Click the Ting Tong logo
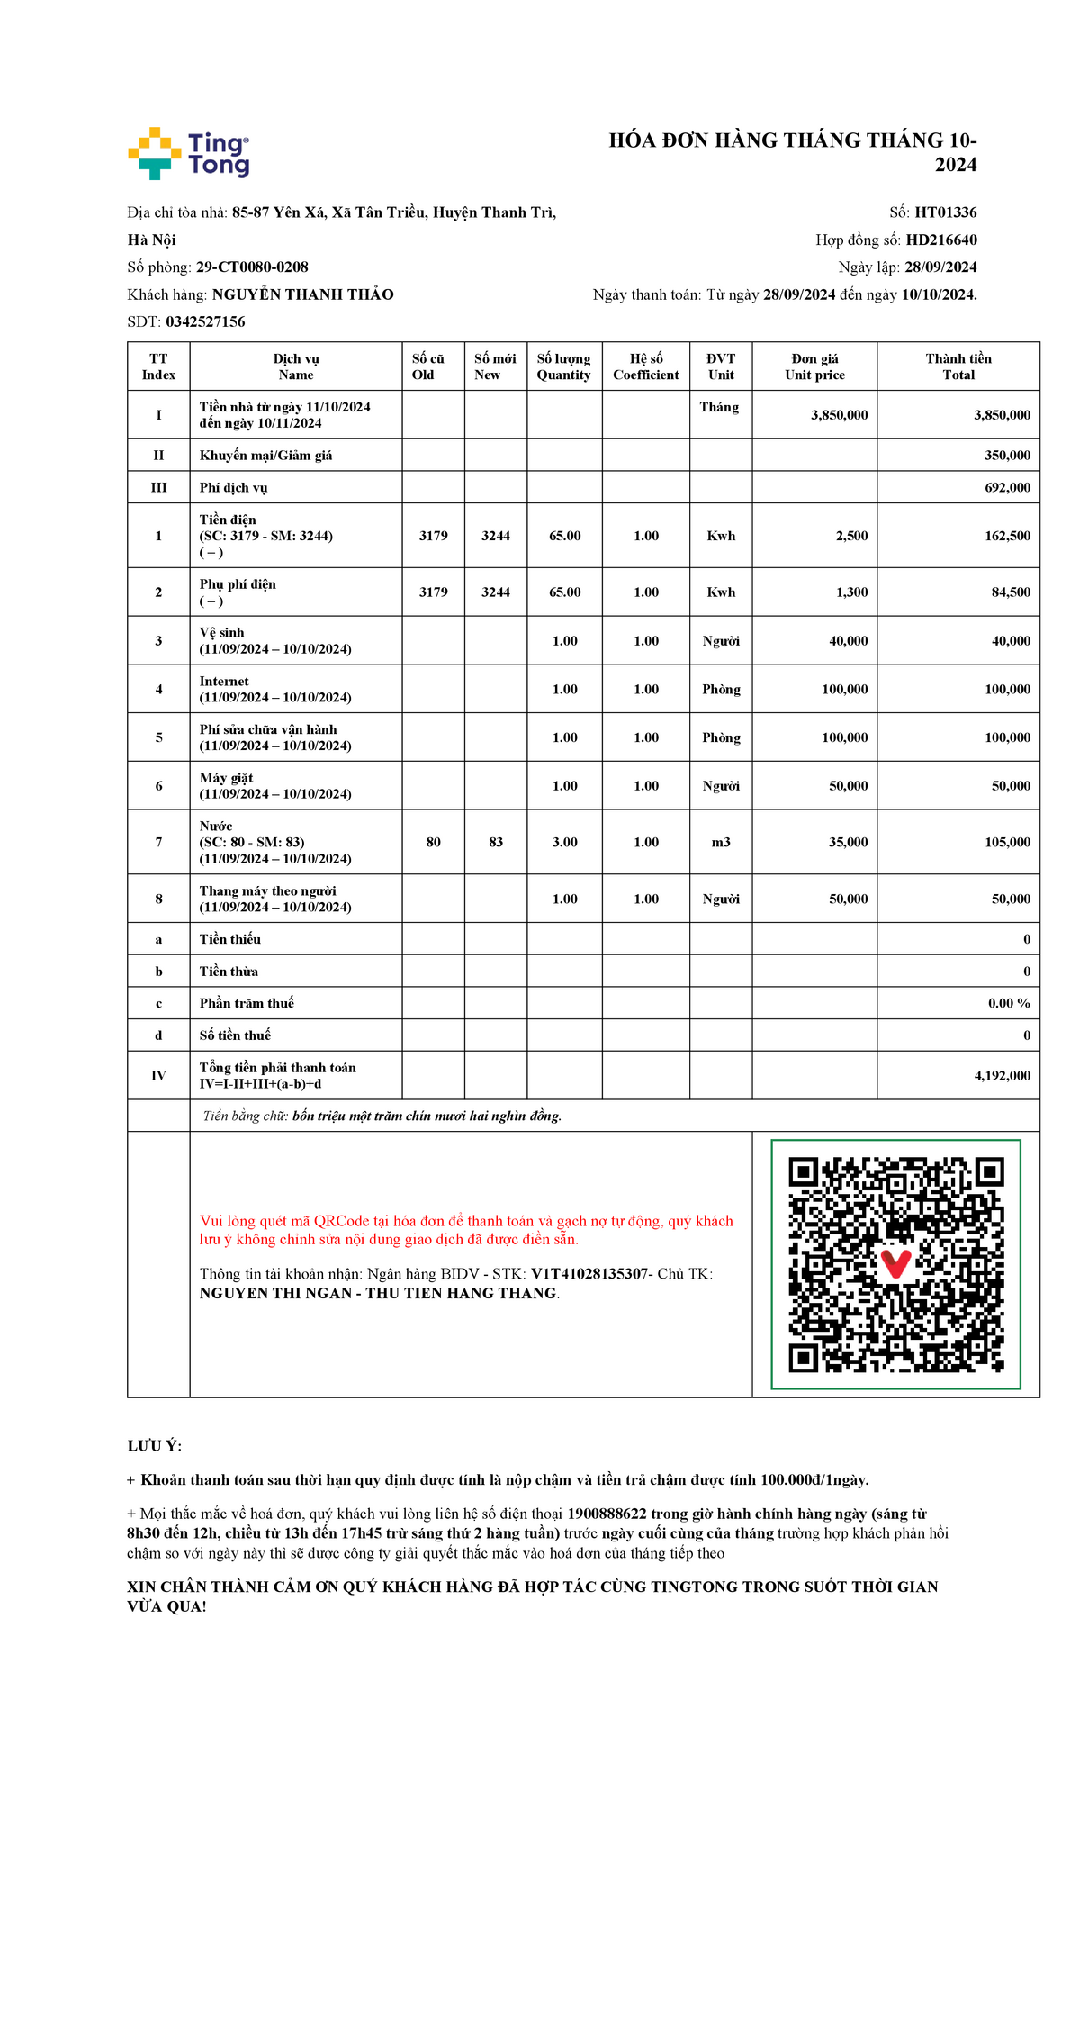pos(189,153)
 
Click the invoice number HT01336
pos(945,212)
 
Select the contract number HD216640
pos(941,240)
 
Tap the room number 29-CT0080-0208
pos(252,267)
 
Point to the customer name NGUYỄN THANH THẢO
pos(303,294)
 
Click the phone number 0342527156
pos(205,321)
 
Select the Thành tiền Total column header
pos(958,366)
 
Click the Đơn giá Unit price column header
pos(814,366)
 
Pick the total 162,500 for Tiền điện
pos(1007,536)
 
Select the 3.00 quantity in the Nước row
pos(564,843)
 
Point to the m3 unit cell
pos(721,843)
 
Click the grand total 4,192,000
pos(1002,1076)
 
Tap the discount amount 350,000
pos(1007,456)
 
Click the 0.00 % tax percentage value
pos(1009,1003)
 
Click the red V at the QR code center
pos(895,1262)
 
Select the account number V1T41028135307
pos(589,1274)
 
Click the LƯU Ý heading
pos(154,1446)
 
